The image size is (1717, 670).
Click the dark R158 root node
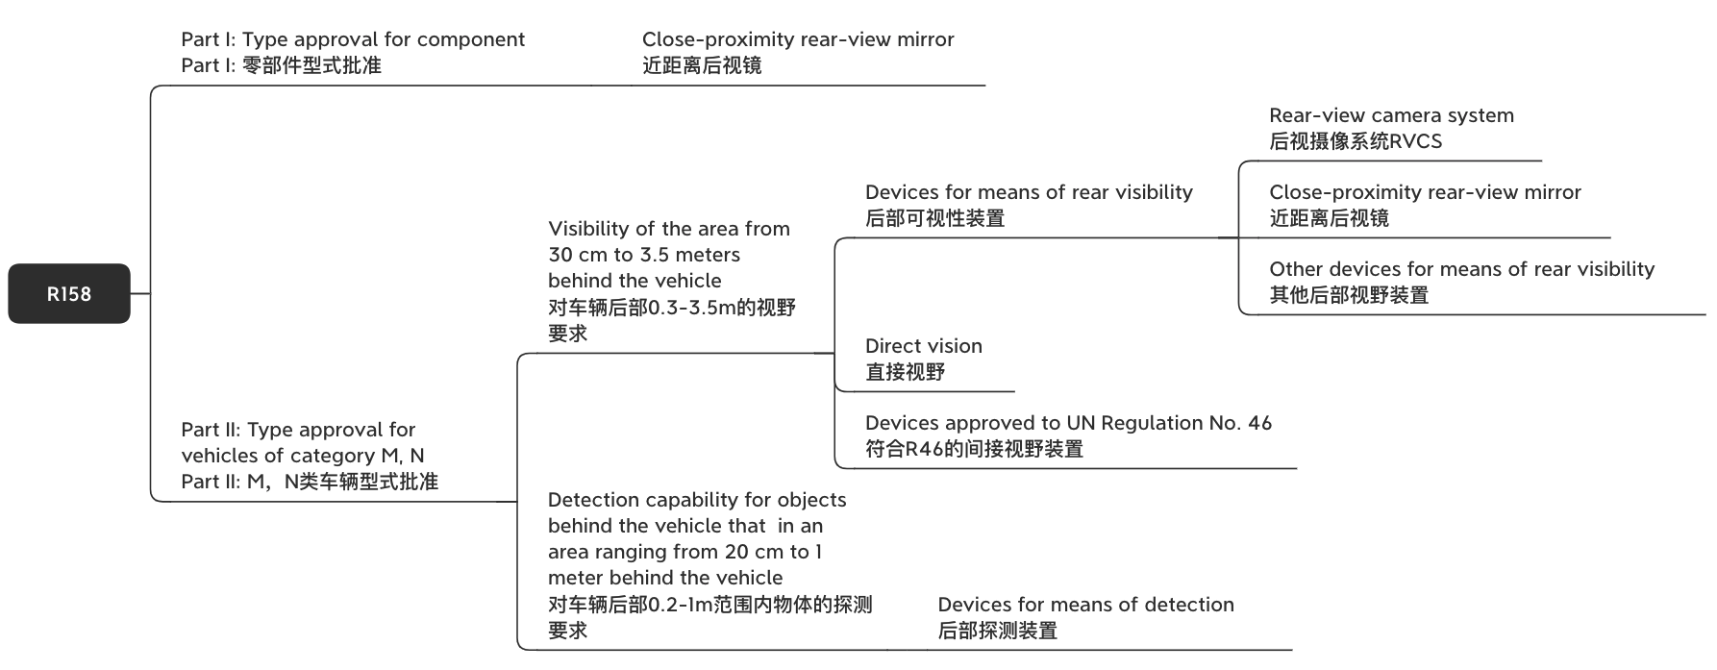[x=69, y=293]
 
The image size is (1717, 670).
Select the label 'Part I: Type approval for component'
[x=353, y=39]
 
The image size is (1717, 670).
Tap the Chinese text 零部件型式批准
[x=311, y=65]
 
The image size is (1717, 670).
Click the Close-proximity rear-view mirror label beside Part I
[x=798, y=39]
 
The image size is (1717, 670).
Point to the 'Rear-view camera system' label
[x=1391, y=115]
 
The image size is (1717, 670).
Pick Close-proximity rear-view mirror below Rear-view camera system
[x=1425, y=192]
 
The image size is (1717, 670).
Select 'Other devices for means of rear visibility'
[x=1461, y=269]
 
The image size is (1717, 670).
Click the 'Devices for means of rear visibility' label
[x=1029, y=192]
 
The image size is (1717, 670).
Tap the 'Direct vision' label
[x=924, y=346]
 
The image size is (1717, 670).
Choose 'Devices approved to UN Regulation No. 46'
[x=1068, y=423]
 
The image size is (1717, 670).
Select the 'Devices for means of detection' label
[x=1085, y=605]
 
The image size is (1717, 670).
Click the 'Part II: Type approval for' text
[x=298, y=430]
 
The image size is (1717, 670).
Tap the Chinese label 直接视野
[x=905, y=372]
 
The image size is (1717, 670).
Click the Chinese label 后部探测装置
[x=997, y=631]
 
